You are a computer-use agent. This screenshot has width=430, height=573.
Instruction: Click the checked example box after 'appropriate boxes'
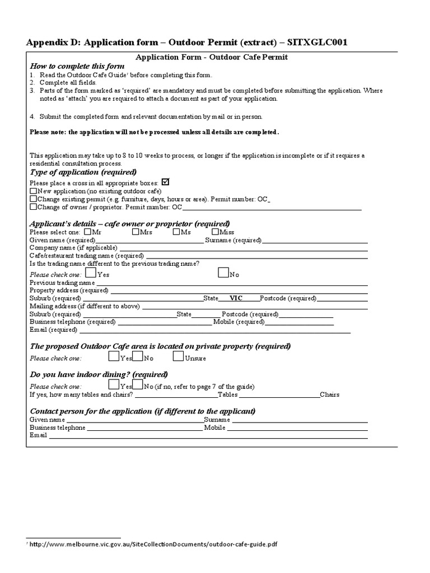click(x=165, y=182)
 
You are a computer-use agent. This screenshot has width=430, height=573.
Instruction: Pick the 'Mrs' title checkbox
click(x=136, y=232)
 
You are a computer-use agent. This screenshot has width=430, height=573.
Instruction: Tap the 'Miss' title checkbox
click(x=216, y=232)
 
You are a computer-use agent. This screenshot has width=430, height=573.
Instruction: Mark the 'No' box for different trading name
click(x=223, y=273)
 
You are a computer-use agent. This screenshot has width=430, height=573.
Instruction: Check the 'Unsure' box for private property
click(x=178, y=356)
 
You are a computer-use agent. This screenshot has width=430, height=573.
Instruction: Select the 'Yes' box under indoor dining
click(x=114, y=384)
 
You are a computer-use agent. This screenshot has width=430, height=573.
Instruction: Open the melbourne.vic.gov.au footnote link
click(x=153, y=544)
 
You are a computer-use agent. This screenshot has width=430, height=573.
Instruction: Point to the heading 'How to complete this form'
click(x=77, y=67)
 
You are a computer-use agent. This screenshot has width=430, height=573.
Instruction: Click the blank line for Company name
click(x=243, y=248)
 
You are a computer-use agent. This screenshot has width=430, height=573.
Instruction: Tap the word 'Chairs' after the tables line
click(x=330, y=394)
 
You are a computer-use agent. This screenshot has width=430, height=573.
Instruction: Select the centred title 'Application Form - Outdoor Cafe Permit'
click(x=212, y=57)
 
